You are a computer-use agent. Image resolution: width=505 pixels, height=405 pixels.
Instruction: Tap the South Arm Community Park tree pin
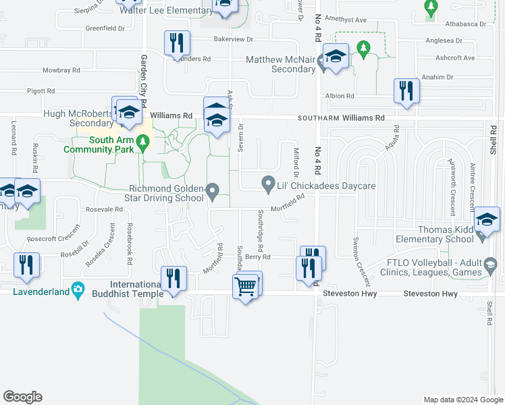click(x=142, y=142)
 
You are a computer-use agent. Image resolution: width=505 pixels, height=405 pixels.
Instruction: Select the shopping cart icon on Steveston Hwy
click(x=245, y=287)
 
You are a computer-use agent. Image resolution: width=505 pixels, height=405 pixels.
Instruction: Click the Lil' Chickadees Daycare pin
click(x=268, y=183)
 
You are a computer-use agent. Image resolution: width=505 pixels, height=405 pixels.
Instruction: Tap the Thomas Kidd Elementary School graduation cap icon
click(x=487, y=220)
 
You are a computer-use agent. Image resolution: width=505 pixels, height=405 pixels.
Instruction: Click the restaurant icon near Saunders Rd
click(x=175, y=43)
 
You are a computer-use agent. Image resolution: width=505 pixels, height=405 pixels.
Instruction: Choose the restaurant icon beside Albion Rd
click(x=406, y=91)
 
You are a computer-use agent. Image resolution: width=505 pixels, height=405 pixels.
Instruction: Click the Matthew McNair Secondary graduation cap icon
click(x=334, y=57)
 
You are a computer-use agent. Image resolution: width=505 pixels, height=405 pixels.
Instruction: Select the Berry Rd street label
click(x=258, y=257)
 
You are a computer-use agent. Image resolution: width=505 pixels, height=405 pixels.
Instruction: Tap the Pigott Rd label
click(x=41, y=90)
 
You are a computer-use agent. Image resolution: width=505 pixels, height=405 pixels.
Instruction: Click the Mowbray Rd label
click(x=61, y=70)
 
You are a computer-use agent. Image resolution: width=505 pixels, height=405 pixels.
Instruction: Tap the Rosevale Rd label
click(x=103, y=209)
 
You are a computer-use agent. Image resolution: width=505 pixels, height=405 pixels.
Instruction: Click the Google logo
click(x=22, y=397)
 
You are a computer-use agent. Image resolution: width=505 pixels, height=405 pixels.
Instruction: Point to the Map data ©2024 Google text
click(x=462, y=400)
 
